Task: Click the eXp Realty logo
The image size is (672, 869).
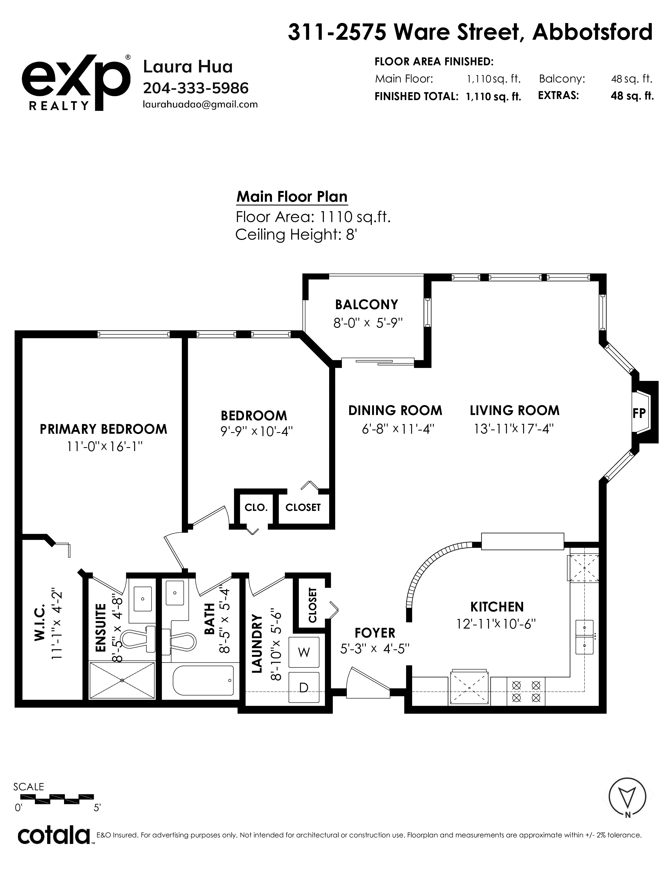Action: point(76,82)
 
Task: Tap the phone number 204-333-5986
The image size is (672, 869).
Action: point(196,88)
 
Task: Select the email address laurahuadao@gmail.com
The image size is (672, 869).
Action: point(200,105)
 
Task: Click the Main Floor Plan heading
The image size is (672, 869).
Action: point(292,196)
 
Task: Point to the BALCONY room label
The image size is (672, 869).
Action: point(367,304)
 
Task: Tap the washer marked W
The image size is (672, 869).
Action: point(304,652)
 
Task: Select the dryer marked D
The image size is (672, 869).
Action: point(304,687)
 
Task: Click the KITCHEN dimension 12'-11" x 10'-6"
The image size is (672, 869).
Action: point(496,624)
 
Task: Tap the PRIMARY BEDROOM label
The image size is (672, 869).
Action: point(104,429)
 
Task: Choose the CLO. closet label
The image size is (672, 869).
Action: point(256,507)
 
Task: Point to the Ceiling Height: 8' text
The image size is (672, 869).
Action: point(296,235)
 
